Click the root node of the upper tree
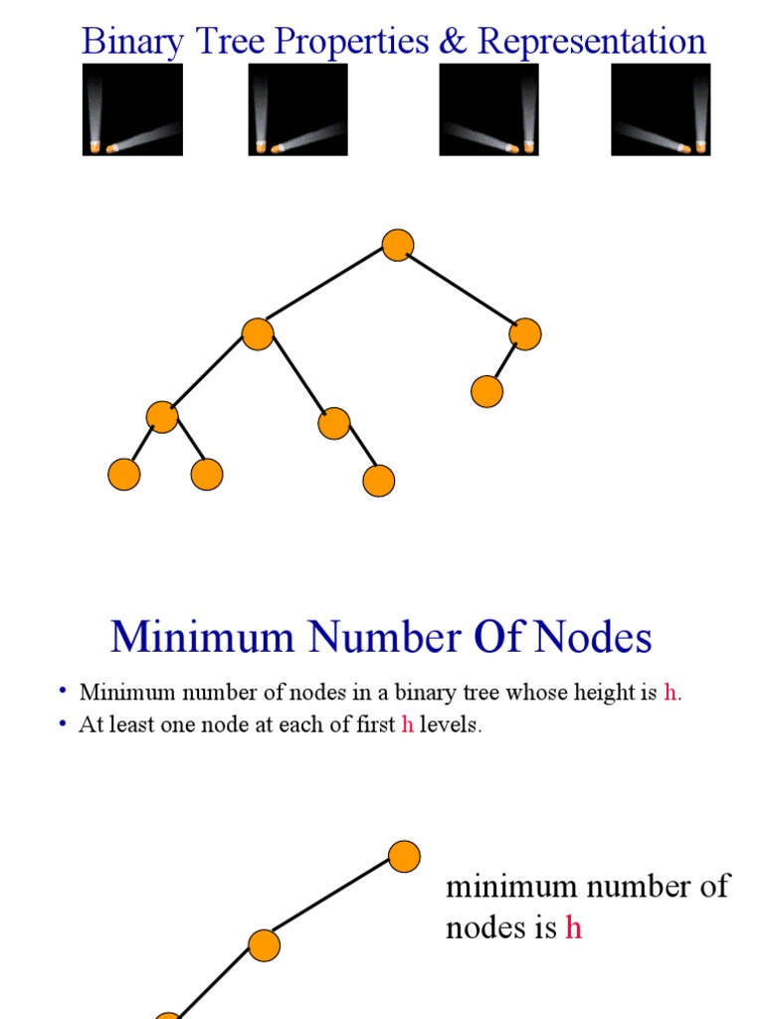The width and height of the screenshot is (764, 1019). [x=397, y=245]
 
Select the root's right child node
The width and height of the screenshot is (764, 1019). [x=525, y=334]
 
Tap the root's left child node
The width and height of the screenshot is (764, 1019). [x=258, y=333]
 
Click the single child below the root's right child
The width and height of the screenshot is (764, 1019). [x=486, y=391]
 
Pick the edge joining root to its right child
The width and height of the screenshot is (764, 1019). [x=462, y=290]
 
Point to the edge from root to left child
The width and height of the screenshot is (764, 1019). [x=326, y=290]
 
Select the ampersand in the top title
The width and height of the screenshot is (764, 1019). [x=455, y=42]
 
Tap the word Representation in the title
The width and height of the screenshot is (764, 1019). [x=592, y=42]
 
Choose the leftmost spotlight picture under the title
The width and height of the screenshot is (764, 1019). [x=132, y=109]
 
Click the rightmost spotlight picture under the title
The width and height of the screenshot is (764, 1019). [x=661, y=109]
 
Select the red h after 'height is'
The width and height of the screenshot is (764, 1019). [x=669, y=693]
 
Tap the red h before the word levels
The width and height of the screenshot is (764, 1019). [x=407, y=725]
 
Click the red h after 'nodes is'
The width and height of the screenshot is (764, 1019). [x=573, y=928]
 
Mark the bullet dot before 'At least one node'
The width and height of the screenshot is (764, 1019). [x=63, y=723]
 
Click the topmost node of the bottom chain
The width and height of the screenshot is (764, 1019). [x=404, y=857]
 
